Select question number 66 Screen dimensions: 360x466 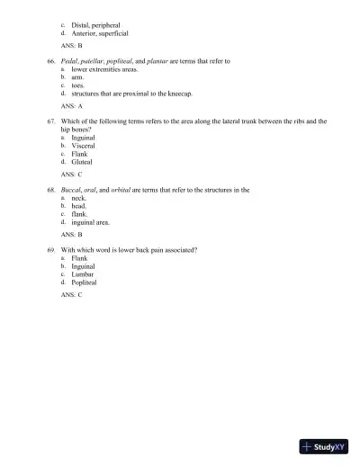[51, 61]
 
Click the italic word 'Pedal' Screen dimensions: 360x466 [70, 61]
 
